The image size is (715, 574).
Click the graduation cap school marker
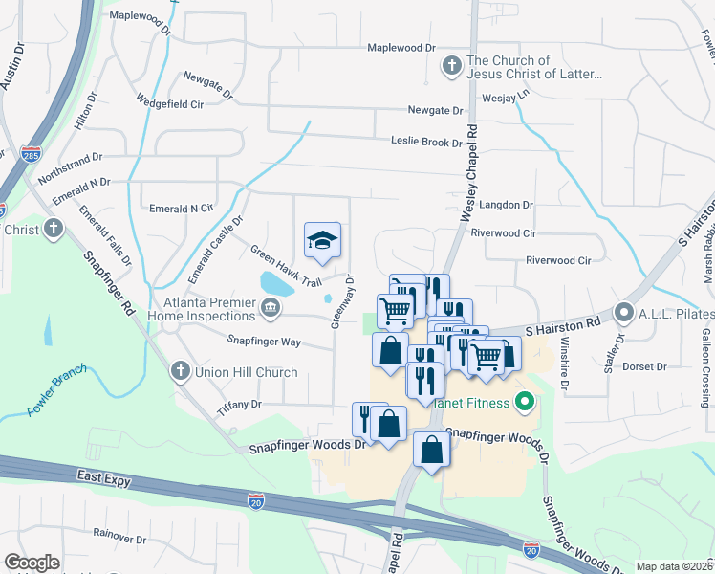323,241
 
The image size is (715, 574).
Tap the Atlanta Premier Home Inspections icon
271,307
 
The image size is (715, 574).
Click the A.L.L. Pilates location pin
624,312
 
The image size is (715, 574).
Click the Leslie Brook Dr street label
426,142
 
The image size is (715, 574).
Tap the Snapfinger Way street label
264,341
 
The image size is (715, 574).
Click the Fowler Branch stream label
56,389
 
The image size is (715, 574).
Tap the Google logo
32,563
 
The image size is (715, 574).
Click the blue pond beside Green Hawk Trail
276,283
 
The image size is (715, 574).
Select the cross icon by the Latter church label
451,66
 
